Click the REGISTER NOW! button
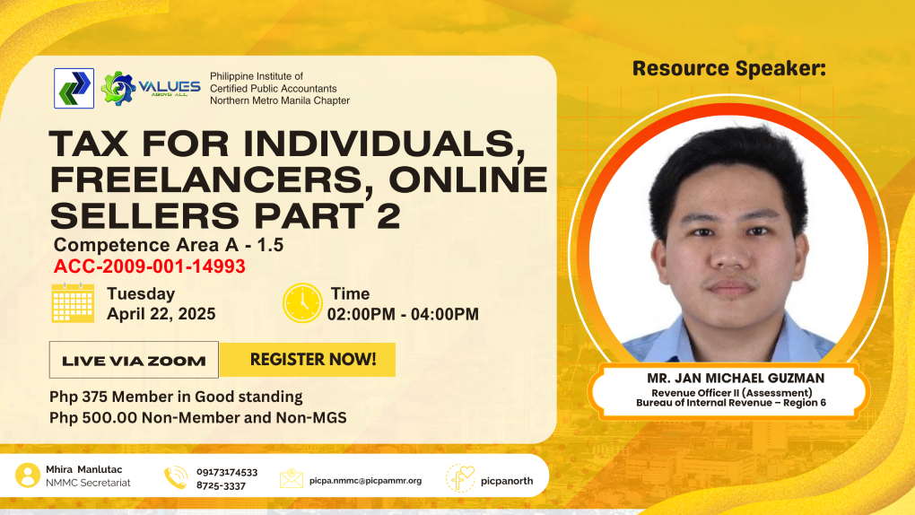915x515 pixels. (308, 359)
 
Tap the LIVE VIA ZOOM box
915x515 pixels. (134, 360)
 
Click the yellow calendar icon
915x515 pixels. (73, 302)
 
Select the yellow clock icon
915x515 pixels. (302, 303)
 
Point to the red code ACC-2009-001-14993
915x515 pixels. (150, 266)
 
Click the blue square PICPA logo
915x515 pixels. (74, 88)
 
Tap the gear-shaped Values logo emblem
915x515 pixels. (118, 88)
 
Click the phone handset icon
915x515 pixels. (176, 477)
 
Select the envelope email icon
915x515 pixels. (292, 478)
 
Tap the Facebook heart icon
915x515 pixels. (461, 478)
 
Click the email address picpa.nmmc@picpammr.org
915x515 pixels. (365, 481)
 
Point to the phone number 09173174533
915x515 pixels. (227, 472)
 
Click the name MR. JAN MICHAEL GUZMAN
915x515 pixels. (736, 379)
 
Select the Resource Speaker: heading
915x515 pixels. (729, 68)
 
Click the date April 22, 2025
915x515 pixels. (161, 314)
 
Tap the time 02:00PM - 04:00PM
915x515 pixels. (403, 314)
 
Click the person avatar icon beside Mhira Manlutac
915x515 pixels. (28, 476)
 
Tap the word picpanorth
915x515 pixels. (507, 481)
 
